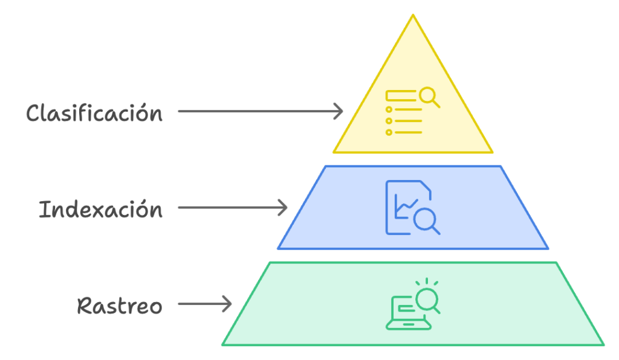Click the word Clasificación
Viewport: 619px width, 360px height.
click(x=94, y=113)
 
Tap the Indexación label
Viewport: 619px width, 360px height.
click(x=100, y=210)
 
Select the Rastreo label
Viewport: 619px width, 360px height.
click(x=120, y=306)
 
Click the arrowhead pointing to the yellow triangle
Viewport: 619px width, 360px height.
click(x=339, y=111)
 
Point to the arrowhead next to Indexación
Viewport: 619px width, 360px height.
click(x=283, y=208)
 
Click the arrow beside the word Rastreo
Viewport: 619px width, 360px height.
click(x=206, y=304)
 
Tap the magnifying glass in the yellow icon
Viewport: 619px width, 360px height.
click(x=429, y=96)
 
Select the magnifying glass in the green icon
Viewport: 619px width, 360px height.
click(x=427, y=300)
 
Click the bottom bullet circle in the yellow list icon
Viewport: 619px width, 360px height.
click(x=389, y=132)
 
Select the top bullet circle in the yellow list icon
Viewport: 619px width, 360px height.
click(x=389, y=110)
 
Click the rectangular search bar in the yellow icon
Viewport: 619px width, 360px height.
click(x=400, y=95)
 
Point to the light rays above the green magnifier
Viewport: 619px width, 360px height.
click(x=427, y=281)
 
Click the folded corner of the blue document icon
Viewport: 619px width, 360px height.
click(x=427, y=188)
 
